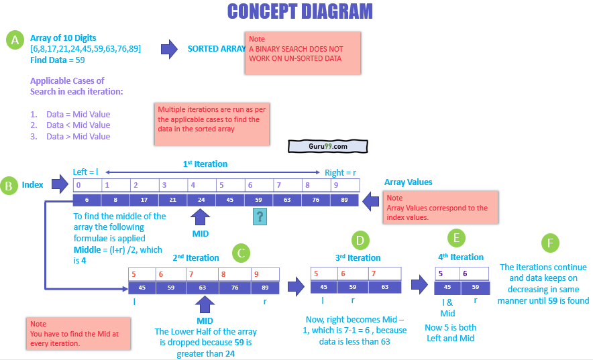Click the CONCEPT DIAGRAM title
click(300, 11)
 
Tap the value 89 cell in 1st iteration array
click(345, 199)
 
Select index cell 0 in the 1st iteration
click(87, 185)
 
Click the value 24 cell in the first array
click(201, 199)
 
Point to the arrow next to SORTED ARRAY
click(169, 48)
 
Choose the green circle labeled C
click(241, 253)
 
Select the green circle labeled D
click(360, 239)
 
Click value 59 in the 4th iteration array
click(474, 287)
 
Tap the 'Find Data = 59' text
click(58, 60)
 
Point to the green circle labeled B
click(9, 186)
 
